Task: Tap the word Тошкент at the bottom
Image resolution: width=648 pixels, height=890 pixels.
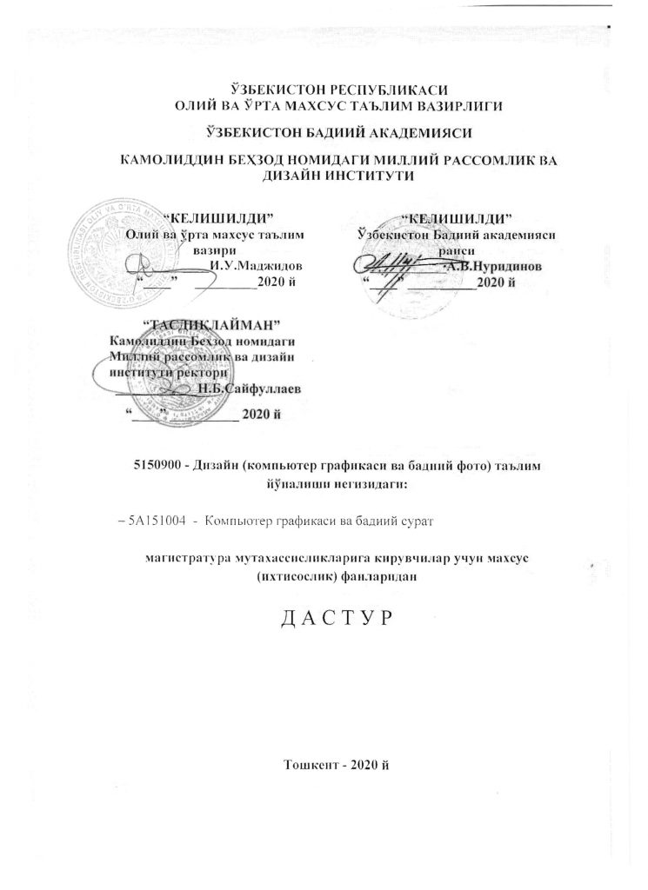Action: click(311, 764)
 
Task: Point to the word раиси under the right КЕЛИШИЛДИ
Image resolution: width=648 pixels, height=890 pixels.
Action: click(456, 250)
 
